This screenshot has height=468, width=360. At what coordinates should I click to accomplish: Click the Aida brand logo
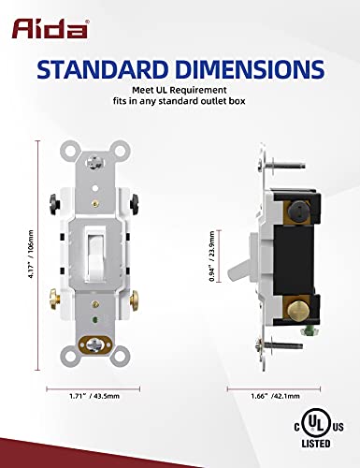50,28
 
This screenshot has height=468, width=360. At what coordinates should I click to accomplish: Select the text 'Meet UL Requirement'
180,90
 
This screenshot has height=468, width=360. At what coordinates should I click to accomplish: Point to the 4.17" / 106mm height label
30,255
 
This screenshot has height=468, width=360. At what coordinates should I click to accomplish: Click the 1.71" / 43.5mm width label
94,396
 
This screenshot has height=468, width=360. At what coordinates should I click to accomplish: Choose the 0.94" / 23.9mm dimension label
212,256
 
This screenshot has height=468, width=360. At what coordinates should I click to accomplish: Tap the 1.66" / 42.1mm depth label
275,396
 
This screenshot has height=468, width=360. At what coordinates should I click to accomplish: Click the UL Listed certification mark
319,430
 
